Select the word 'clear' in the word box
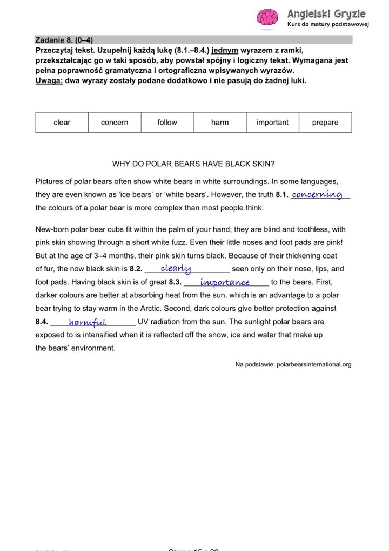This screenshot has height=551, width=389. coord(62,123)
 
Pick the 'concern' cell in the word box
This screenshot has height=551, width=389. coord(115,123)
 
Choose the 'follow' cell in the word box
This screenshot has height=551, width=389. coord(167,123)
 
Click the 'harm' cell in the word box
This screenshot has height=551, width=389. coord(220,123)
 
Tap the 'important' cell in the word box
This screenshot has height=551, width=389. coord(272,123)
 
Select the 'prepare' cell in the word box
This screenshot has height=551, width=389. coord(325,123)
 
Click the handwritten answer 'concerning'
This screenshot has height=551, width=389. coord(317,195)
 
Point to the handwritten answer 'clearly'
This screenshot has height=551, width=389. coord(176,268)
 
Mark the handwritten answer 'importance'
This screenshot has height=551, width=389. coord(225,282)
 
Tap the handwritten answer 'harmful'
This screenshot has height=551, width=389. coord(87,323)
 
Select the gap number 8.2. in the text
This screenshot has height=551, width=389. coord(136,269)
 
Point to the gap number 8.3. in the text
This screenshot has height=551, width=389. coord(175,282)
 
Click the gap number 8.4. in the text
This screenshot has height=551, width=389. coord(42,322)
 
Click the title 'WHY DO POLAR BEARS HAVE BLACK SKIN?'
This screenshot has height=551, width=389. coord(193,164)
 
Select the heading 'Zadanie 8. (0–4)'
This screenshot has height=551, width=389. coord(61,40)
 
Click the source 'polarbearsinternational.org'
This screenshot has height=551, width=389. coord(313,364)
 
